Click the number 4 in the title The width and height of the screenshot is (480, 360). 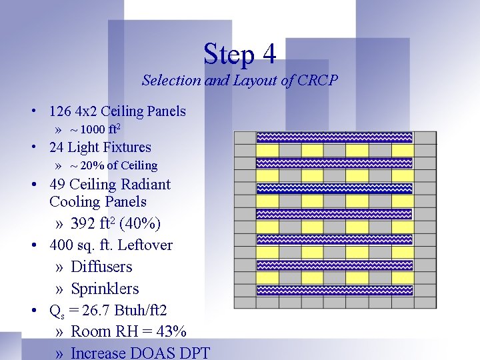(268, 54)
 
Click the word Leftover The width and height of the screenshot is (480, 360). (145, 245)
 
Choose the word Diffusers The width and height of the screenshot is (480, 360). (101, 267)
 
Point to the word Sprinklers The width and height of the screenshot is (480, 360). (105, 289)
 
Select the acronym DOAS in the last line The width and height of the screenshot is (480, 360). (152, 353)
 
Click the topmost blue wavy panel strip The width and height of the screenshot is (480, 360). (335, 137)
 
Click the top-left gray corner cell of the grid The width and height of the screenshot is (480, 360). (245, 137)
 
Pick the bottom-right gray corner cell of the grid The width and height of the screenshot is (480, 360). (425, 302)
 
